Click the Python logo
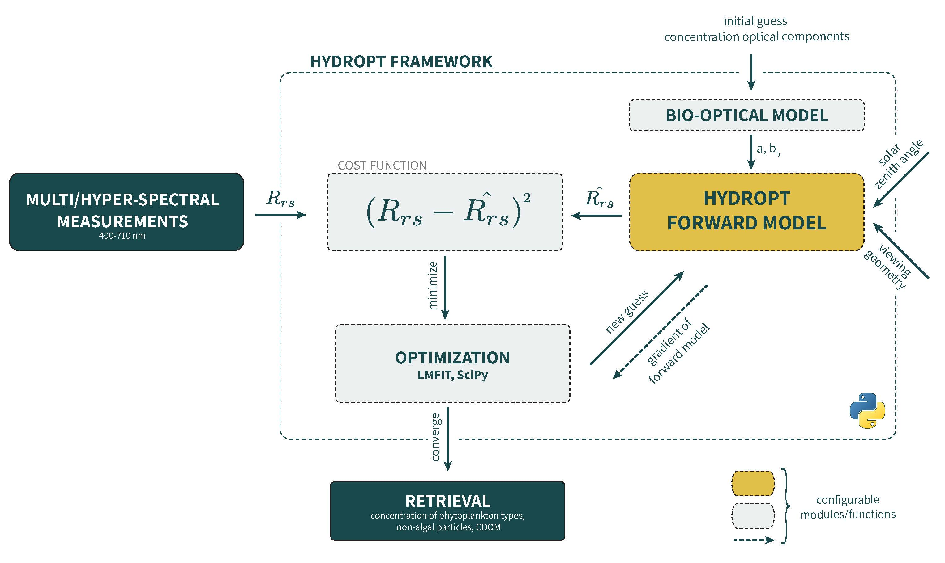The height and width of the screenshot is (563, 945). coord(867,410)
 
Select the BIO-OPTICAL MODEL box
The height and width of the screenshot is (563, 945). coord(746,115)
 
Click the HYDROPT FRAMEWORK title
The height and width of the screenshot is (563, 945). coord(401,62)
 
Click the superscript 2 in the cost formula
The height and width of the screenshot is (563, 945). coord(527,198)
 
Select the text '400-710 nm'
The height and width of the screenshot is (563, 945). coord(122,236)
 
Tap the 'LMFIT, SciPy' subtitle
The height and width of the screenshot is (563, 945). coord(452,375)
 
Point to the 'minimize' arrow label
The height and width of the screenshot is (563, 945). coord(433,285)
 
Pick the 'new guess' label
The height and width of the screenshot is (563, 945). coord(627,312)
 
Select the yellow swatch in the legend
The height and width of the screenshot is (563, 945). coord(752,483)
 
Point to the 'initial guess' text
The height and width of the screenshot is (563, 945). coord(755,21)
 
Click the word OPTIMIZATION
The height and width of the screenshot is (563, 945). coord(452,358)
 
